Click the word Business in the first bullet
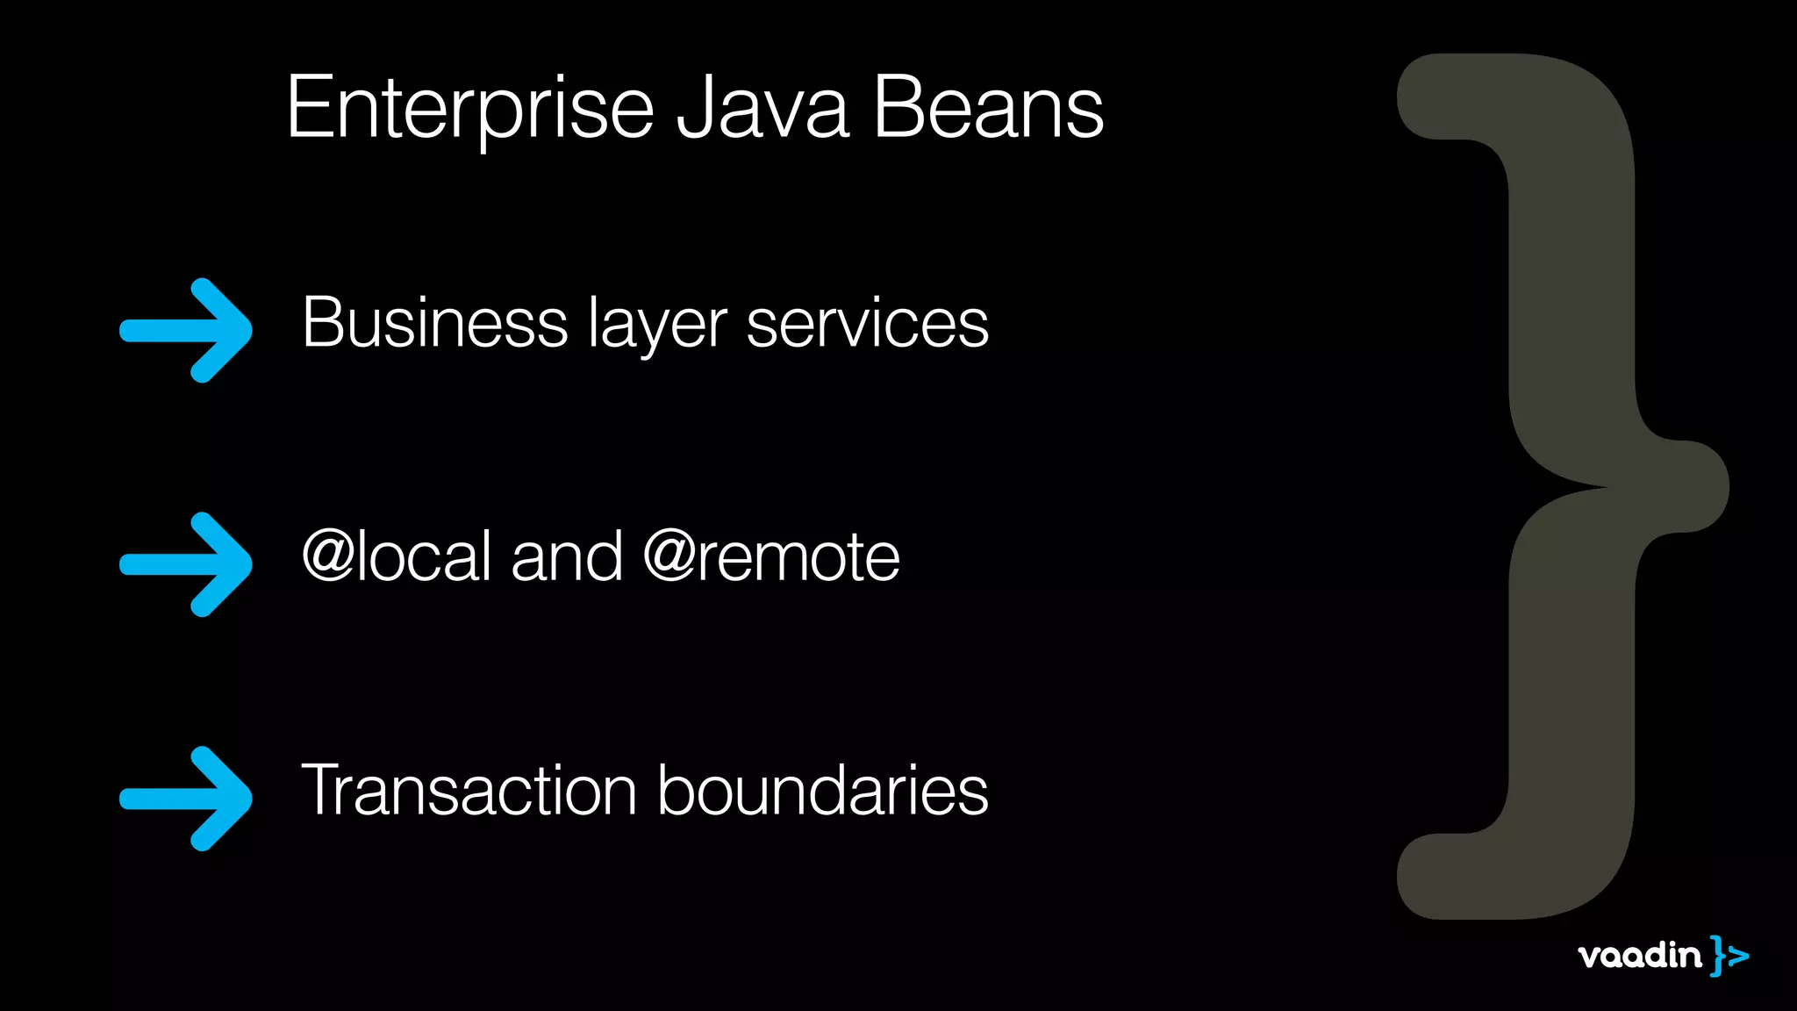point(434,323)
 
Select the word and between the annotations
point(567,556)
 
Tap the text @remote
point(771,556)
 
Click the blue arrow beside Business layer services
point(186,331)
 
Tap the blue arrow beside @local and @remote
point(186,564)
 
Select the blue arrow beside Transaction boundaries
point(186,799)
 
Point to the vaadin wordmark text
point(1639,956)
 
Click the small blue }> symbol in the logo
point(1729,956)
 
